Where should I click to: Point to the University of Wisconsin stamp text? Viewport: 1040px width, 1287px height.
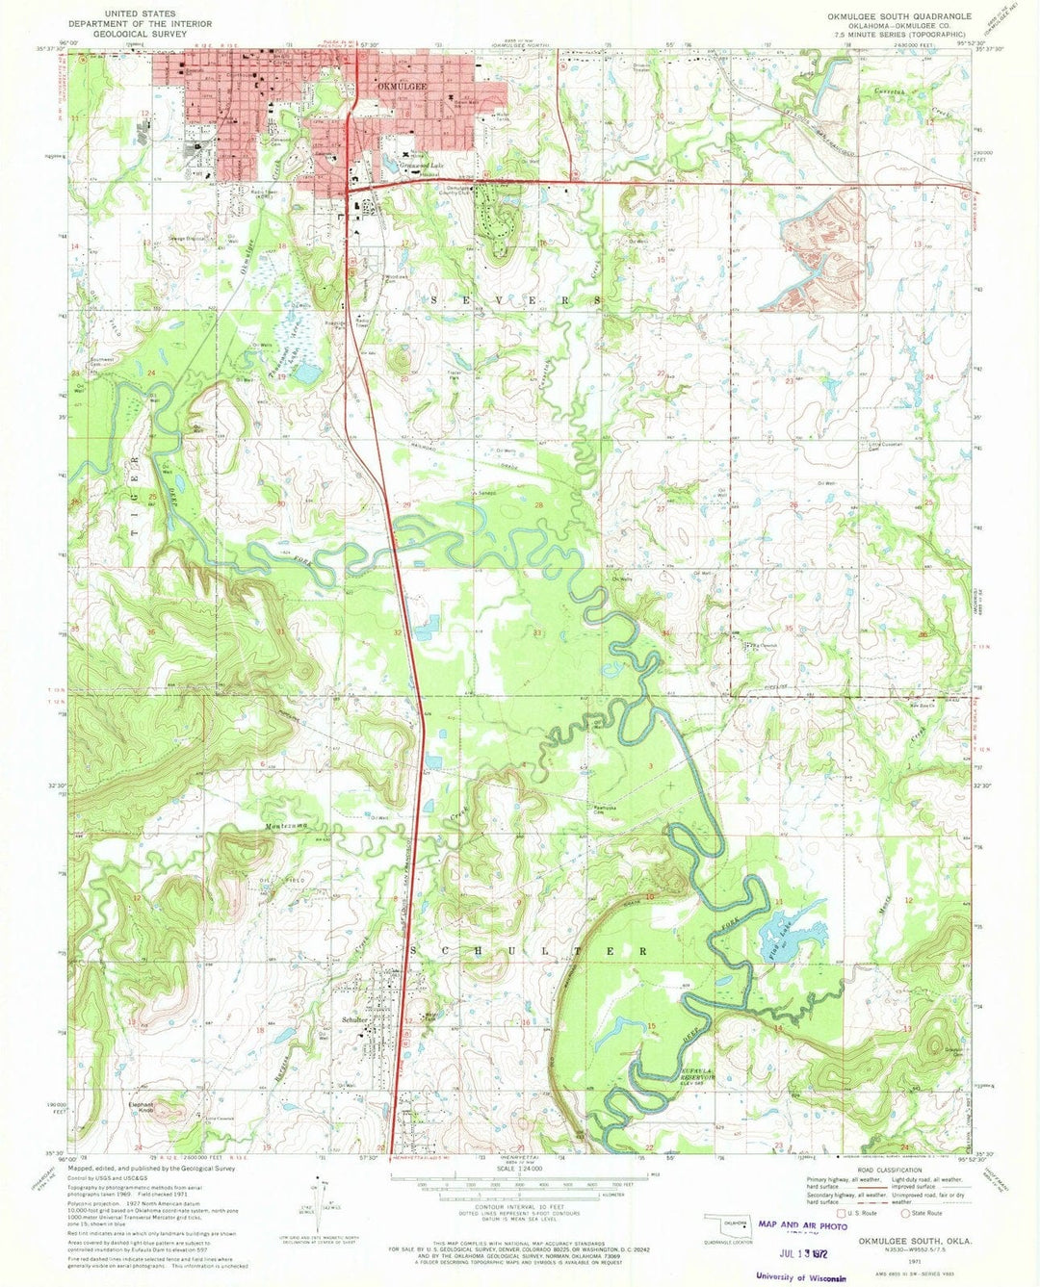(800, 1276)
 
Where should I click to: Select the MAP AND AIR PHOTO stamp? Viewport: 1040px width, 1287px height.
(801, 1225)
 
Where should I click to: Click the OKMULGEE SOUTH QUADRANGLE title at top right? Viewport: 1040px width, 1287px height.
(894, 16)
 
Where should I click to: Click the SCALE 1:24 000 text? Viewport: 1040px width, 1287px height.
(519, 1170)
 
